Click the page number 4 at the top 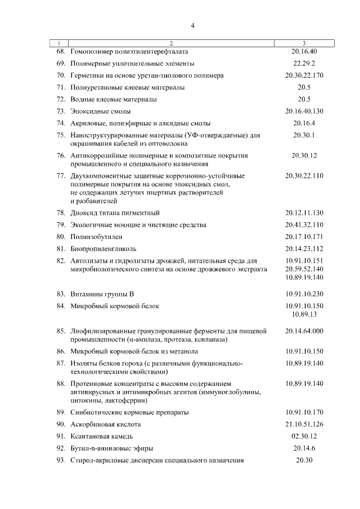192,25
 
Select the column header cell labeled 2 172,43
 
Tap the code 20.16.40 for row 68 304,51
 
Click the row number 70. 61,75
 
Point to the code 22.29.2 304,63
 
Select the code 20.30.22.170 304,75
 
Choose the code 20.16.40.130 304,111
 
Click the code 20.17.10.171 304,237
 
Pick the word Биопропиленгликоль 103,249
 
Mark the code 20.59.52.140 304,269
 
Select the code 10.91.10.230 304,294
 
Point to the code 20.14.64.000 304,331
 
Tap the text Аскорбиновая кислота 106,424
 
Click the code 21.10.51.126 304,424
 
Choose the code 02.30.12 304,436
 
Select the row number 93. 61,460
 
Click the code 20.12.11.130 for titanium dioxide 304,213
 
